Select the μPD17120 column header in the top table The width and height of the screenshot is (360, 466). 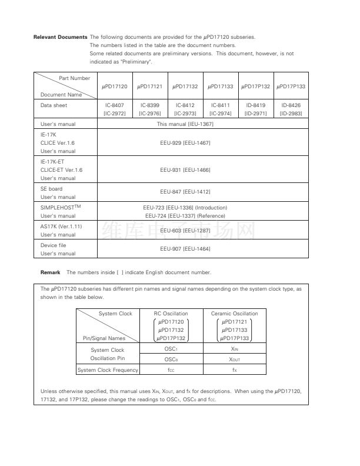tap(115, 86)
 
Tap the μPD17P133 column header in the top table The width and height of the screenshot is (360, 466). tap(291, 86)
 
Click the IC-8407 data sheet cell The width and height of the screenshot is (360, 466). tap(115, 109)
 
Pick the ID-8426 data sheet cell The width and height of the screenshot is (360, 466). tap(291, 109)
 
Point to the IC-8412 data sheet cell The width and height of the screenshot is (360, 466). tap(185, 109)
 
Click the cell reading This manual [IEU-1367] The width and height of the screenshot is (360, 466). tap(185, 124)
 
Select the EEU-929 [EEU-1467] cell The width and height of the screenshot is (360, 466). tap(185, 143)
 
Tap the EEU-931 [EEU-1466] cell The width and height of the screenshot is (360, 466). tap(185, 169)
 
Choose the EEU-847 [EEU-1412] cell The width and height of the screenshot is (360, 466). tap(185, 192)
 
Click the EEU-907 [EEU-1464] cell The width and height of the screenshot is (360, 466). tap(185, 248)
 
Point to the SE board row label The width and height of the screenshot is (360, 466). tap(51, 188)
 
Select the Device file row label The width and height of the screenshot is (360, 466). tap(53, 245)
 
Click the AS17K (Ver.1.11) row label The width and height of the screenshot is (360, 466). tap(61, 226)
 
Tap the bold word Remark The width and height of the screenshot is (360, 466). tap(51, 272)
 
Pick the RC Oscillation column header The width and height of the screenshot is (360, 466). tap(171, 314)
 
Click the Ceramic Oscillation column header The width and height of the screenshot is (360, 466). tap(234, 314)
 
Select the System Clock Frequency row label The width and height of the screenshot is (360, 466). tap(108, 370)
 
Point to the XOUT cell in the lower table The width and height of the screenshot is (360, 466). tap(234, 360)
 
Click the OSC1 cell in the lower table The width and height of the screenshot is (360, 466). tap(171, 349)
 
